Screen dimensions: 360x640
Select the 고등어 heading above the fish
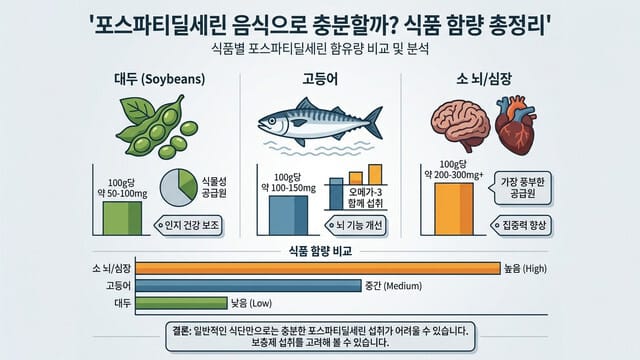coord(319,78)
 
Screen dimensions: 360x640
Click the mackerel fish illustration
coord(318,126)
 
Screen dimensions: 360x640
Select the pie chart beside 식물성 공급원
coord(177,189)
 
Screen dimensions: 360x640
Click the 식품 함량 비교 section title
coord(319,250)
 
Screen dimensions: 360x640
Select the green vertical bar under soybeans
coord(122,215)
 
